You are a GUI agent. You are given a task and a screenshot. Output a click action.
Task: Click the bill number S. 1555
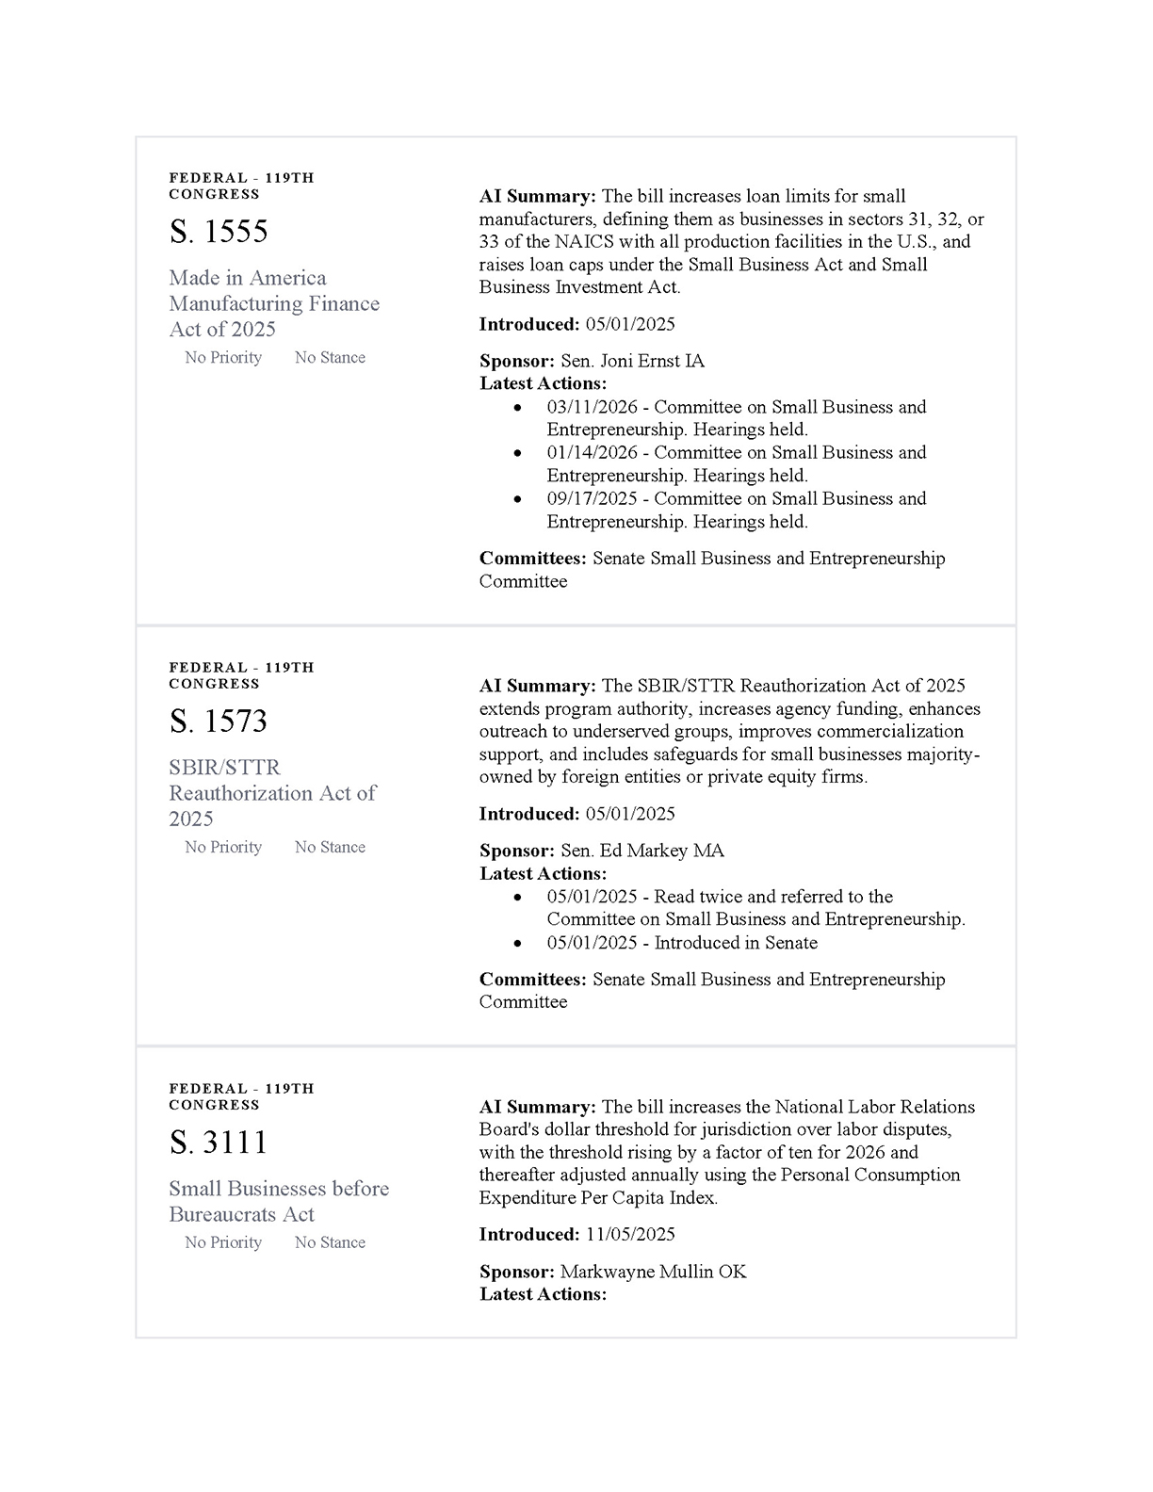[219, 232]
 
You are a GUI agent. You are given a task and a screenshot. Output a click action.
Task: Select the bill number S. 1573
[219, 722]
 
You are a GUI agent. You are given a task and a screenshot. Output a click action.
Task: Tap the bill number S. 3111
[219, 1143]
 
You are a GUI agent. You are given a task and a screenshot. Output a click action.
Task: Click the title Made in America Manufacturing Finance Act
[274, 303]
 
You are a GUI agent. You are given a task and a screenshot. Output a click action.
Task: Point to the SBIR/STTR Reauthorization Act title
[272, 793]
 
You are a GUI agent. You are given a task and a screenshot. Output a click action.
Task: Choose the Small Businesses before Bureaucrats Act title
[279, 1201]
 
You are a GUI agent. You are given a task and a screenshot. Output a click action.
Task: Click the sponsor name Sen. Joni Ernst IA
[632, 361]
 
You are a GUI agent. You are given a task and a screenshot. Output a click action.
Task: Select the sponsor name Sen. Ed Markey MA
[642, 851]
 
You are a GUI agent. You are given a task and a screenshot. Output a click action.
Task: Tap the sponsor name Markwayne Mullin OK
[653, 1272]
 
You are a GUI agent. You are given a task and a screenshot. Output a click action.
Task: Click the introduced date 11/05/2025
[630, 1234]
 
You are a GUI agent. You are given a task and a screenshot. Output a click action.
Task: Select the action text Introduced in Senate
[736, 943]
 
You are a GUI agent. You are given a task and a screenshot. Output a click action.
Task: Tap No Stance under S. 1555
[330, 358]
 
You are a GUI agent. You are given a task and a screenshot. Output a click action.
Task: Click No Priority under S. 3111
[223, 1242]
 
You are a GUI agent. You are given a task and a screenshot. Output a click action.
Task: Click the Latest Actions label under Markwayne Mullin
[543, 1294]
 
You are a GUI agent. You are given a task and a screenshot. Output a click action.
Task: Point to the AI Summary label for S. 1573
[537, 686]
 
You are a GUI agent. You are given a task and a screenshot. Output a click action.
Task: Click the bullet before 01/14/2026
[517, 453]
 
